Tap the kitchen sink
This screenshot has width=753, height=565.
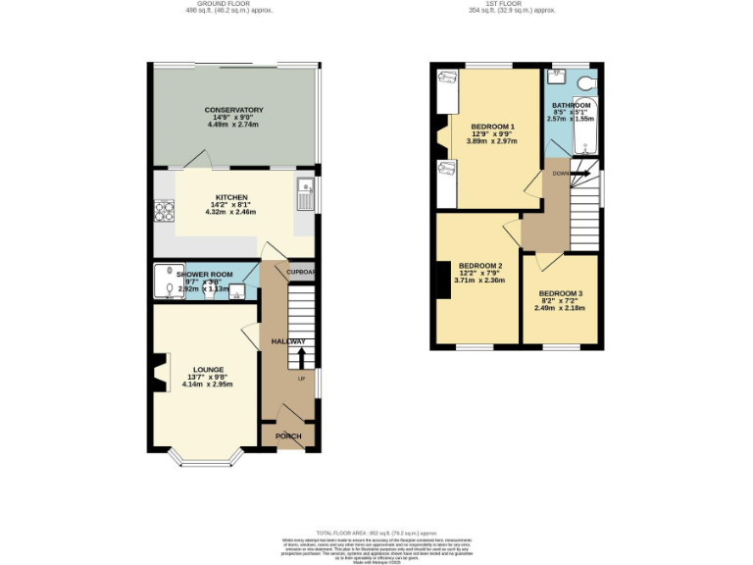(x=305, y=193)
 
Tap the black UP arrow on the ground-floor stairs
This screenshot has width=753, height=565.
(x=302, y=356)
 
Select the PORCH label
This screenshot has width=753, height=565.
(x=288, y=436)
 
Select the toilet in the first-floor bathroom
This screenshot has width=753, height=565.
(x=587, y=82)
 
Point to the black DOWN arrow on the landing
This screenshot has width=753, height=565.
(x=580, y=174)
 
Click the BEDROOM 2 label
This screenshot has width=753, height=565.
(x=478, y=266)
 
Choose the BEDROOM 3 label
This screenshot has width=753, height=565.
(x=561, y=293)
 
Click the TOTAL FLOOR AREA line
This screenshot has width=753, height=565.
(x=376, y=531)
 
